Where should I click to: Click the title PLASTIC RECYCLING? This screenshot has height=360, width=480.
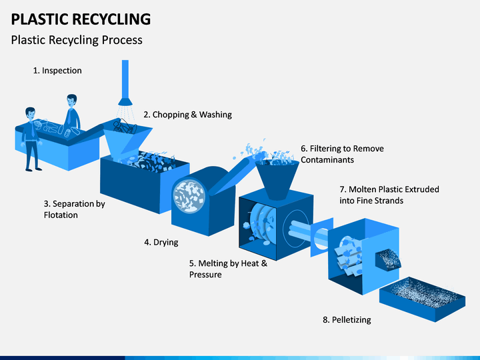point(81,19)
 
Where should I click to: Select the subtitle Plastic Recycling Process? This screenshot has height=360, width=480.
point(77,40)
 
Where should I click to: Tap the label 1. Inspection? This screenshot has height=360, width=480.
point(57,71)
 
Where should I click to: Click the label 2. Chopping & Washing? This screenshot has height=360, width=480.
point(187,115)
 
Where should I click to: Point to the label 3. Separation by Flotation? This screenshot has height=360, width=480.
point(75,209)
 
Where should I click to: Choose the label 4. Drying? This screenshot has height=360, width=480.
point(161,242)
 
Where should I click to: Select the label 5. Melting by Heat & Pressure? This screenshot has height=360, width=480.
point(229,269)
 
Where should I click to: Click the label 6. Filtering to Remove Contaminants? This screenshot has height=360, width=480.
point(342,154)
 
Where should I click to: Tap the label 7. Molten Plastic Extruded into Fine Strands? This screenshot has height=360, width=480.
point(389,195)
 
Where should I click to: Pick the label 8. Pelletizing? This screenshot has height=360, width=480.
point(347,319)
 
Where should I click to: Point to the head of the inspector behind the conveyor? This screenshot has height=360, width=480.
point(71,101)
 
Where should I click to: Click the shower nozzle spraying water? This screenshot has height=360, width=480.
point(125,101)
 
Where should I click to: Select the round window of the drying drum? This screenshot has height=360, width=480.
point(189,196)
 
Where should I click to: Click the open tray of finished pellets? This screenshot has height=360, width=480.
point(423,299)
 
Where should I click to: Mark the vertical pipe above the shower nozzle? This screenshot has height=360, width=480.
point(125,79)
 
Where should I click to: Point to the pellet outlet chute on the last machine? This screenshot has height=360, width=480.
point(388,259)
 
